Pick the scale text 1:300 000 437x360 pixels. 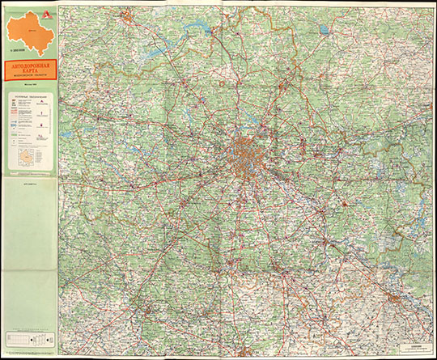tap(18, 52)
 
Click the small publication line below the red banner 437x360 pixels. tap(32, 87)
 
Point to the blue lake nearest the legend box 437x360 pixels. tap(66, 133)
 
